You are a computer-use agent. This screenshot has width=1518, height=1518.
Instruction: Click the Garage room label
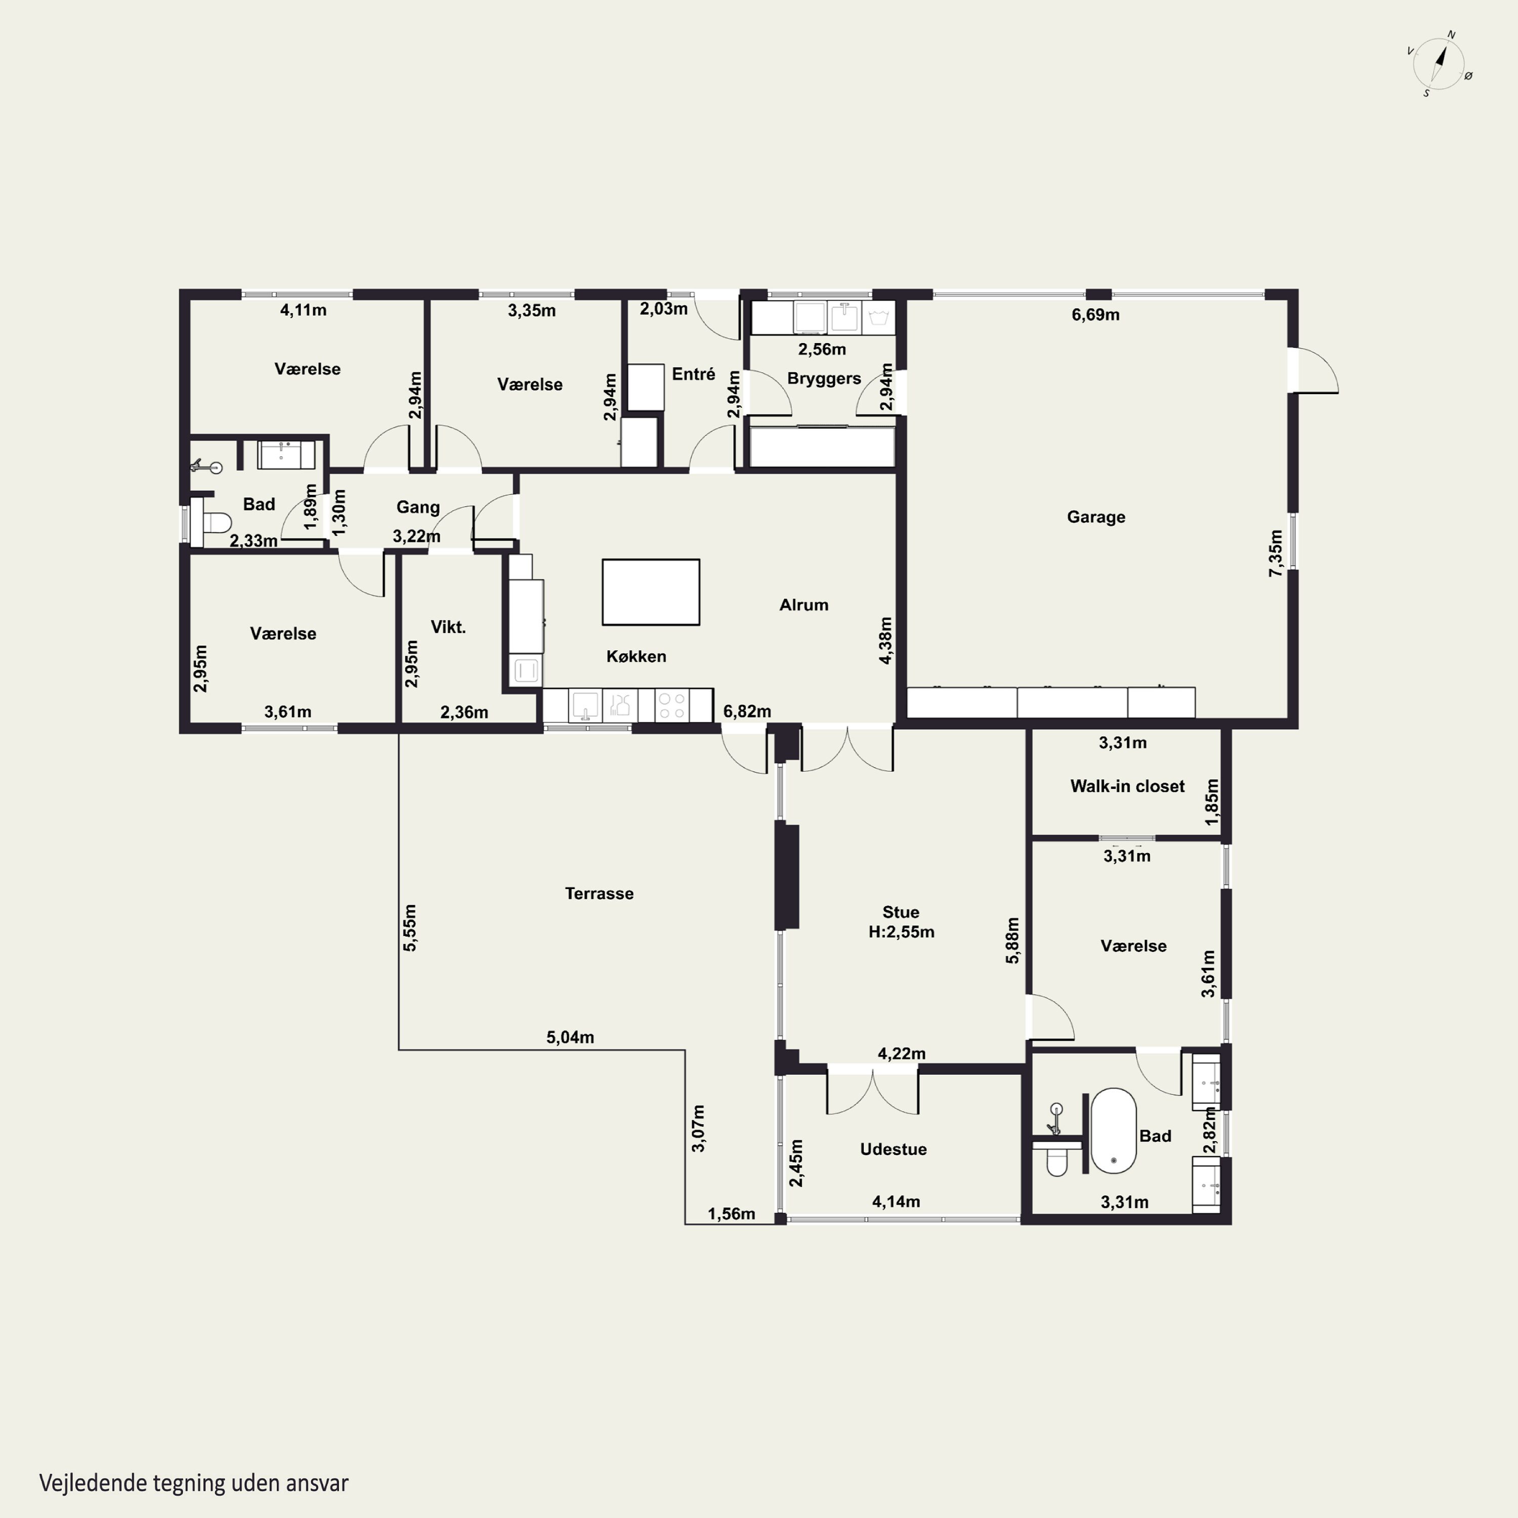pos(1095,517)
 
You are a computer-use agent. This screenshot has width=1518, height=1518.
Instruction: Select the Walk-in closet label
pos(1127,786)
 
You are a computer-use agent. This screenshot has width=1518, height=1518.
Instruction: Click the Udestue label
pos(894,1150)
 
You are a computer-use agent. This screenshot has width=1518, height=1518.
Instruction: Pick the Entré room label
pos(693,374)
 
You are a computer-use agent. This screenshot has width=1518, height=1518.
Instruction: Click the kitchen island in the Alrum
pos(651,593)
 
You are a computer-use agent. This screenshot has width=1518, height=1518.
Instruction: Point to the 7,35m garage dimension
pos(1276,553)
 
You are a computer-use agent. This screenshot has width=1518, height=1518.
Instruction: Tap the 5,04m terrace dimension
pos(570,1037)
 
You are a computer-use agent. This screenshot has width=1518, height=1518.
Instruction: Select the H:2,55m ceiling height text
pos(901,933)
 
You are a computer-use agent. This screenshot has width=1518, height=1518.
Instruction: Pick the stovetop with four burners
pos(672,705)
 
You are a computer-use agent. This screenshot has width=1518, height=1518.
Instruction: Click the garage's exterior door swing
pos(1316,369)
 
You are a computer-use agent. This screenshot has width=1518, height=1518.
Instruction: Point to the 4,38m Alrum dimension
pos(885,641)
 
